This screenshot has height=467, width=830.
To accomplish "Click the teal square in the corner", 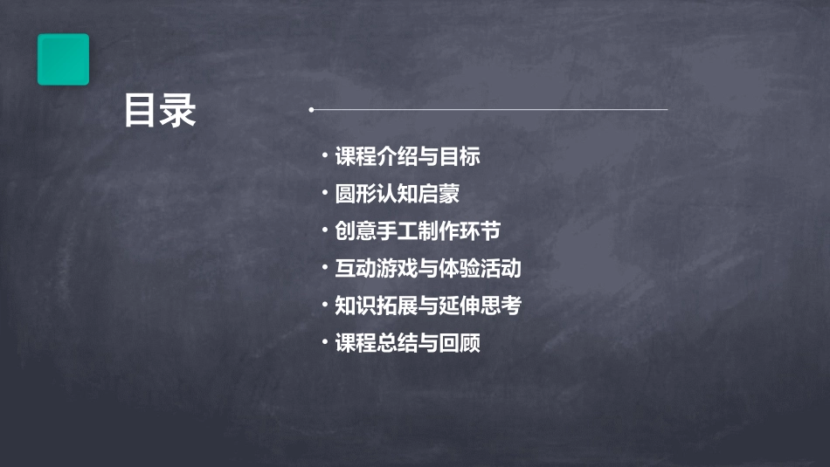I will click(63, 59).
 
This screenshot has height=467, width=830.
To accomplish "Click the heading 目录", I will click(160, 111).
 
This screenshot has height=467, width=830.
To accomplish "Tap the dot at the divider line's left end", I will click(311, 110).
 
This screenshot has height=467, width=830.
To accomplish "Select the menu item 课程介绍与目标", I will click(408, 157).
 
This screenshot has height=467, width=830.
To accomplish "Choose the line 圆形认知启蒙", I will click(398, 194).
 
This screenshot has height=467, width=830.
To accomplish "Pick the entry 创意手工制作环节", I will click(418, 231).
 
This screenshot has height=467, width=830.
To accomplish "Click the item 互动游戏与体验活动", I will click(428, 269).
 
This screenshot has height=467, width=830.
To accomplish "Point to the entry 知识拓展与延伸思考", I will click(428, 306).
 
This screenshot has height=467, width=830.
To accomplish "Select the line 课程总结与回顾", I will click(408, 343).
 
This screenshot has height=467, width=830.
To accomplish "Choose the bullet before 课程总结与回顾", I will click(324, 341).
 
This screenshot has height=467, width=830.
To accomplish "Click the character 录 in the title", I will click(178, 111).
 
